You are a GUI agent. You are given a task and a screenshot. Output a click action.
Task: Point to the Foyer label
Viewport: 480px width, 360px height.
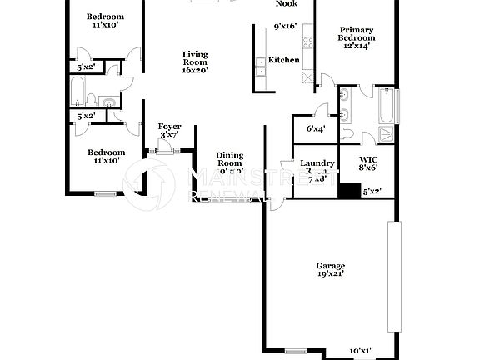coord(170,127)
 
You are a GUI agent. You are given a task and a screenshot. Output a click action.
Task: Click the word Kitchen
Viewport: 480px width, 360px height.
coord(283,60)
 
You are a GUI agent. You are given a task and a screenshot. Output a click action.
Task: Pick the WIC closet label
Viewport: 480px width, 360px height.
coord(369,159)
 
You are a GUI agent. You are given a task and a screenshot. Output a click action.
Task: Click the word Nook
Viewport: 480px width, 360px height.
coord(287,3)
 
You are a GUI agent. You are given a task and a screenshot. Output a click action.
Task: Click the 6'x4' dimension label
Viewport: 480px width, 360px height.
coord(315,128)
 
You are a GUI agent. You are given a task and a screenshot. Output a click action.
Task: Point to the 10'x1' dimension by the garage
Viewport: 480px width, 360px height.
coord(361,351)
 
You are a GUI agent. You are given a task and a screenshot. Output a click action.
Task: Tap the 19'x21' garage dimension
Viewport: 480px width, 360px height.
coord(330,272)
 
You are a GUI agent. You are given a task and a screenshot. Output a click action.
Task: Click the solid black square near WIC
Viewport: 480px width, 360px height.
coord(347,188)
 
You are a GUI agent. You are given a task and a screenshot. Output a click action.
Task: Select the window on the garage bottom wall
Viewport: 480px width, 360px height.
coord(295,348)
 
